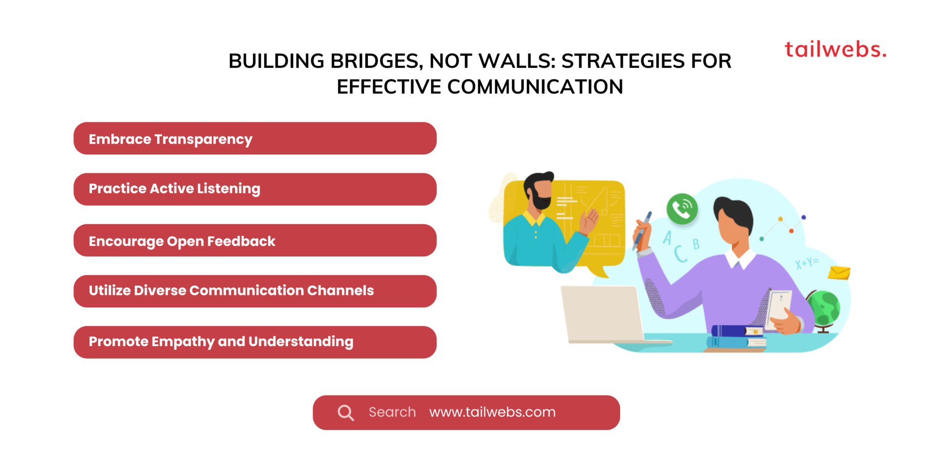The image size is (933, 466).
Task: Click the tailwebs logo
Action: click(835, 50)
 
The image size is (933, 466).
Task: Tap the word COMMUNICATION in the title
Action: click(535, 87)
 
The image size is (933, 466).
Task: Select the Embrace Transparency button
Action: click(255, 139)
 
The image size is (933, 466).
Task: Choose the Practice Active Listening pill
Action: click(255, 189)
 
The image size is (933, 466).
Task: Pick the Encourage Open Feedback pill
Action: click(255, 241)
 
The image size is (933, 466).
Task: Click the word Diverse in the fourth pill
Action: click(160, 291)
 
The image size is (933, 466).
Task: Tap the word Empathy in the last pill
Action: click(183, 342)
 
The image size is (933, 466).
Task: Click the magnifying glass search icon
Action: click(346, 413)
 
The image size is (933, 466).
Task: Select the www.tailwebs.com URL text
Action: click(492, 412)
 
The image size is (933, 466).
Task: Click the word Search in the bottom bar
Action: click(392, 412)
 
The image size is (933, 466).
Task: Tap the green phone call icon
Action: click(682, 209)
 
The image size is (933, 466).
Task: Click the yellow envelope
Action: click(839, 273)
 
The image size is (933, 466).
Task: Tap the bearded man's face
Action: click(541, 192)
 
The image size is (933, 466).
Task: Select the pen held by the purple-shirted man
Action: click(642, 231)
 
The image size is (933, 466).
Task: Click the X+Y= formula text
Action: click(807, 263)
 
